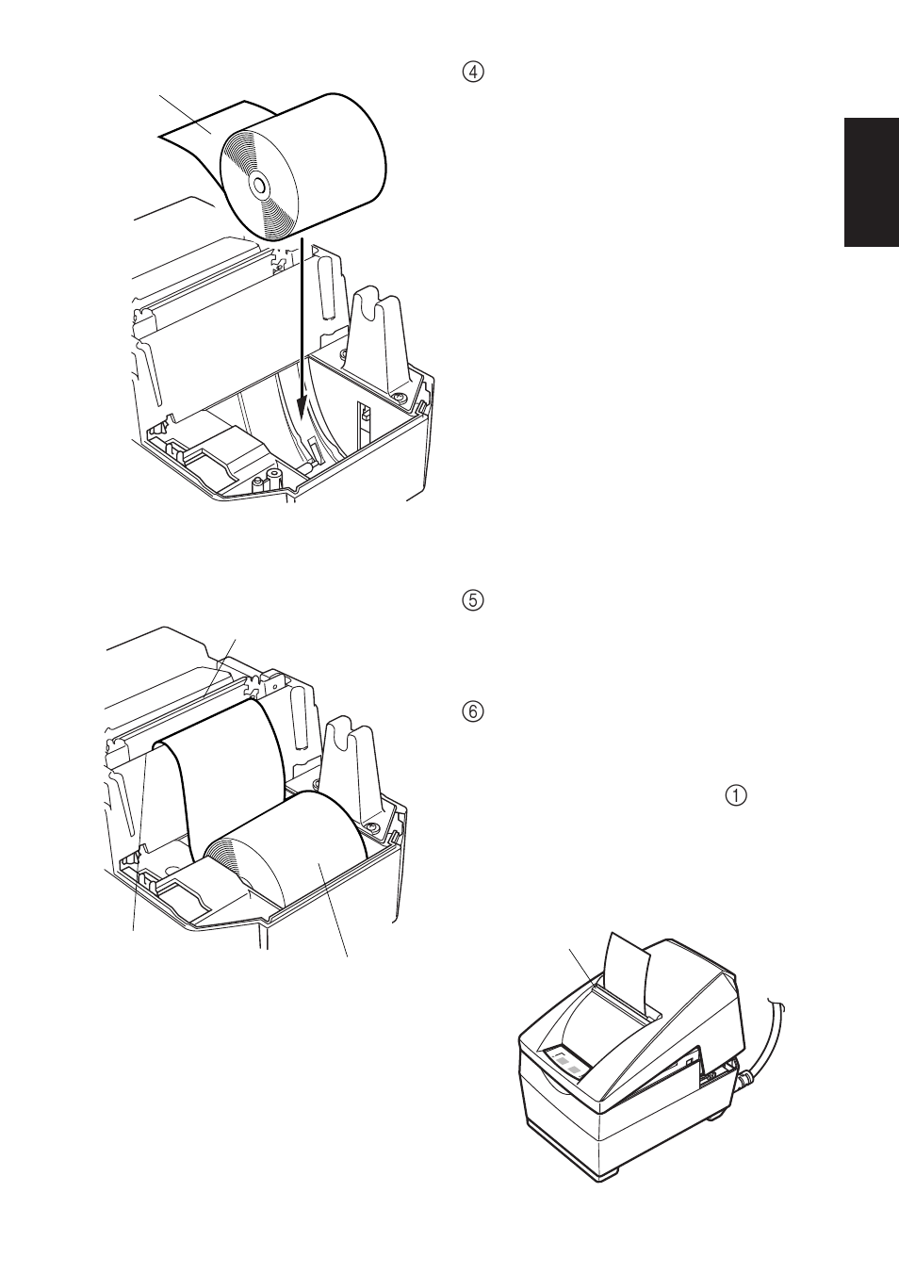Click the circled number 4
(473, 73)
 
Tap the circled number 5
(473, 600)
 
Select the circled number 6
(473, 711)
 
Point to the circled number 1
(736, 795)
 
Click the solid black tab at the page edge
(871, 182)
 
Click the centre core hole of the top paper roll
(259, 185)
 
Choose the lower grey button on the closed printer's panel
(576, 1071)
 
